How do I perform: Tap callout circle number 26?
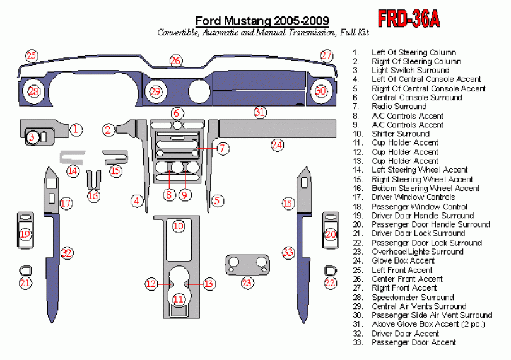tap(175, 61)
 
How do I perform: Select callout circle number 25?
tap(31, 56)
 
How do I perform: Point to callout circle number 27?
tap(326, 55)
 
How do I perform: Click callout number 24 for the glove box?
tap(277, 145)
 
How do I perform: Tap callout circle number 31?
tap(260, 113)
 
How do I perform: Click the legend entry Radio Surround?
tap(399, 107)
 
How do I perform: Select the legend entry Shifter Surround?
tap(400, 134)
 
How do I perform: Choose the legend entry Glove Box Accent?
tap(402, 260)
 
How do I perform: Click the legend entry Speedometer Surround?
tap(413, 297)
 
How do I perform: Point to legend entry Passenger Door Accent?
tap(413, 342)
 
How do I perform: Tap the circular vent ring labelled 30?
tap(321, 92)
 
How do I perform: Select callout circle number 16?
tap(93, 195)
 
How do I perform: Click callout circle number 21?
tap(25, 283)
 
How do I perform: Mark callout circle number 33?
tap(288, 253)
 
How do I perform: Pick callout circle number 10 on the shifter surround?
tap(179, 226)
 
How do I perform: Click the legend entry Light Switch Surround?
tap(410, 71)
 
